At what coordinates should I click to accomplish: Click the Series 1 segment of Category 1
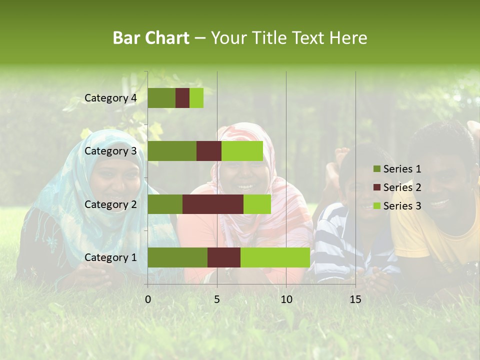(x=177, y=257)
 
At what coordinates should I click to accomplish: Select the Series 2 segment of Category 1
(x=224, y=257)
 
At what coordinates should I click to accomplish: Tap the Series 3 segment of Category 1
(x=275, y=257)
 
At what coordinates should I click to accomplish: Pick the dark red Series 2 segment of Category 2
(x=213, y=204)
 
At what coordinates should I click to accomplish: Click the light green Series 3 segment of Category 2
(x=257, y=204)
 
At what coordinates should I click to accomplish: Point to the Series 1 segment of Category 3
(x=172, y=151)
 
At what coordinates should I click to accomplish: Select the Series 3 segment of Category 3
(x=242, y=151)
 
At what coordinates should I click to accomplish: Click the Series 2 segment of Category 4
(x=182, y=98)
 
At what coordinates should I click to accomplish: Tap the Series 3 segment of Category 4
(x=196, y=98)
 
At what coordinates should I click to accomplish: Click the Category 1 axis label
(x=110, y=257)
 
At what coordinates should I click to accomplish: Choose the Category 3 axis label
(x=110, y=151)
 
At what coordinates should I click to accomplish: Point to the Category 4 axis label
(x=110, y=98)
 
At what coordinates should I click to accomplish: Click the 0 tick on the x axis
(x=148, y=299)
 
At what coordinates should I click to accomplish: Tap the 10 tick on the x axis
(x=286, y=299)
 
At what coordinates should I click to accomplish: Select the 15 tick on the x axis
(x=355, y=299)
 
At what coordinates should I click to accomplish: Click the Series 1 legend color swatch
(x=376, y=169)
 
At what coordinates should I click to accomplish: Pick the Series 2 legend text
(x=402, y=187)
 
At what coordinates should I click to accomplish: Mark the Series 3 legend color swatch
(x=376, y=206)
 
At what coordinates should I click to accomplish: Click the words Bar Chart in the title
(x=151, y=38)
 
